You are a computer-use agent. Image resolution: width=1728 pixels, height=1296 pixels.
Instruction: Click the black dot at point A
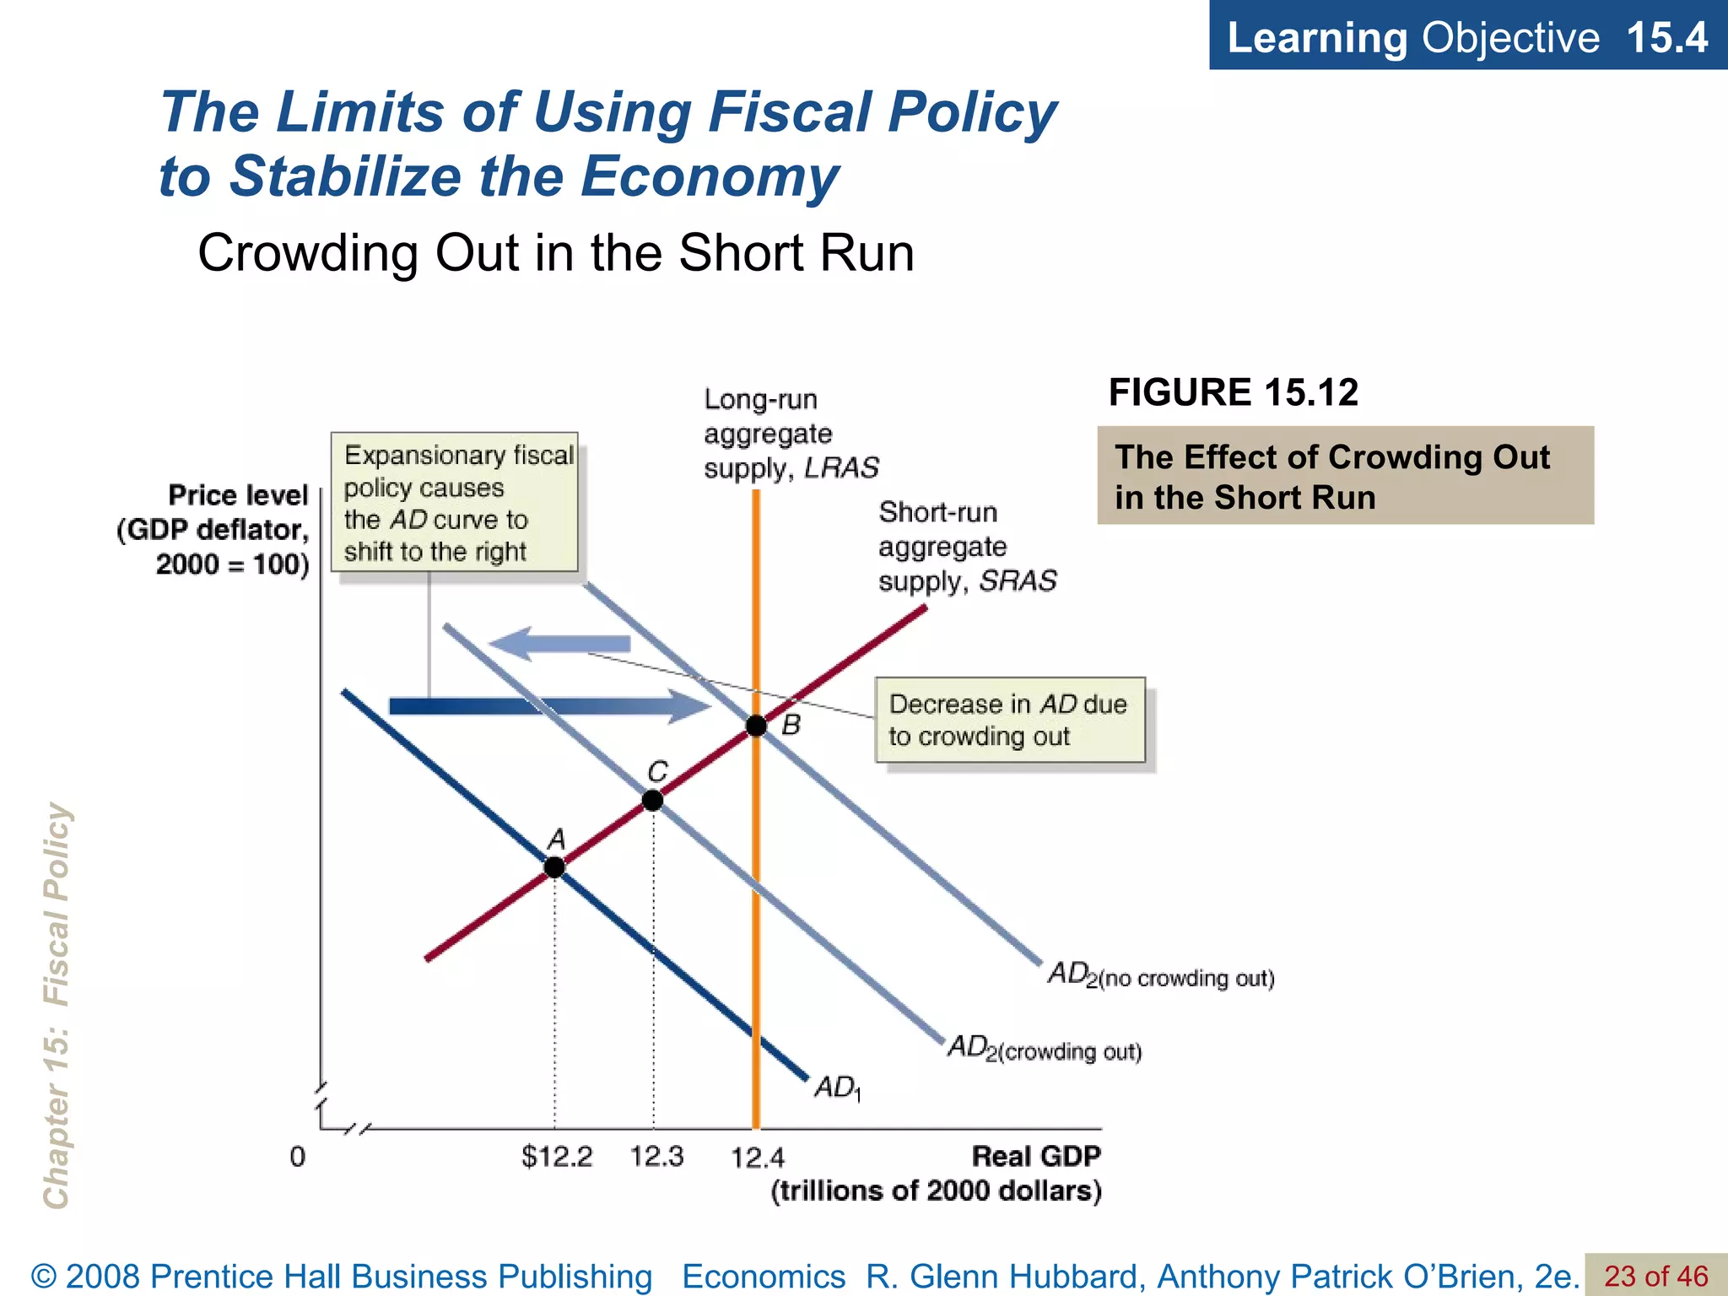pyautogui.click(x=554, y=867)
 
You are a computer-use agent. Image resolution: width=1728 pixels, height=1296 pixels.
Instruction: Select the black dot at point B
pyautogui.click(x=756, y=726)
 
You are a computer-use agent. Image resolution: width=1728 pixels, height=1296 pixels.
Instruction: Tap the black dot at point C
pyautogui.click(x=652, y=800)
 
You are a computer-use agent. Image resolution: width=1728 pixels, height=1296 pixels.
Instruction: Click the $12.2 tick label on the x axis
pyautogui.click(x=557, y=1156)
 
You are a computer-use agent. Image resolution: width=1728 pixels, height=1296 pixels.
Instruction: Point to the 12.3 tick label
pyautogui.click(x=656, y=1156)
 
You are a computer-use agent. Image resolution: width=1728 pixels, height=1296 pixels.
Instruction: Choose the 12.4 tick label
pyautogui.click(x=757, y=1158)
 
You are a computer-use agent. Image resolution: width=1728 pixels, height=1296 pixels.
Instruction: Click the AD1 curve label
pyautogui.click(x=837, y=1088)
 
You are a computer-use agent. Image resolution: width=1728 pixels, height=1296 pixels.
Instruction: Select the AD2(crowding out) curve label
pyautogui.click(x=1045, y=1049)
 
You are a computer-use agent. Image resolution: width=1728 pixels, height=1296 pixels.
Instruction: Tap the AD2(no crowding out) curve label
pyautogui.click(x=1160, y=976)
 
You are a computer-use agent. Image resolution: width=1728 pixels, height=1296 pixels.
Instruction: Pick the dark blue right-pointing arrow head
pyautogui.click(x=688, y=706)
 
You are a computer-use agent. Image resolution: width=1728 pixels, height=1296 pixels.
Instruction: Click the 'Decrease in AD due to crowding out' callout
pyautogui.click(x=1010, y=720)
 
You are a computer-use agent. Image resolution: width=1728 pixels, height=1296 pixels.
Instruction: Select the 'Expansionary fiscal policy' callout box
pyautogui.click(x=455, y=502)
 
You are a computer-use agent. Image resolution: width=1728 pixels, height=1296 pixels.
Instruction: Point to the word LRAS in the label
pyautogui.click(x=841, y=467)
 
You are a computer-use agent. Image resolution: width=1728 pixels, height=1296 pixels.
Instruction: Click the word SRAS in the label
pyautogui.click(x=1018, y=581)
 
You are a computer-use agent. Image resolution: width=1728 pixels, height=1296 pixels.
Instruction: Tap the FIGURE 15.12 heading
pyautogui.click(x=1233, y=392)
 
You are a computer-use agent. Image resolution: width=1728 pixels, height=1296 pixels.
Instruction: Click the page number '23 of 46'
pyautogui.click(x=1655, y=1276)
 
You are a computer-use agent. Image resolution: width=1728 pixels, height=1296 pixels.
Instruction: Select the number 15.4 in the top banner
pyautogui.click(x=1666, y=37)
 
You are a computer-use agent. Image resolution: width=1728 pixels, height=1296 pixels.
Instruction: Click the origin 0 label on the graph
pyautogui.click(x=297, y=1157)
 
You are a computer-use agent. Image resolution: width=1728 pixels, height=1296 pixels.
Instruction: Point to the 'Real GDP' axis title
pyautogui.click(x=1036, y=1156)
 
